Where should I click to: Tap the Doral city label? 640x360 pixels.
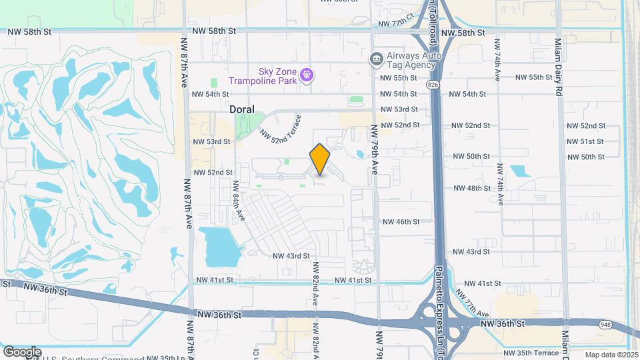(242, 109)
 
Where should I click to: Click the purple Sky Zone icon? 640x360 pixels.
(306, 75)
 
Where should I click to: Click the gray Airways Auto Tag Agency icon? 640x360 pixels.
(376, 59)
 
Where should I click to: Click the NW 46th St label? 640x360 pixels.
(401, 221)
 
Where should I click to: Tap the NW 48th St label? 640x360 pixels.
(472, 189)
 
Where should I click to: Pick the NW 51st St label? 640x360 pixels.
(585, 141)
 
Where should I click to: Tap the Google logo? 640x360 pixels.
(22, 351)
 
